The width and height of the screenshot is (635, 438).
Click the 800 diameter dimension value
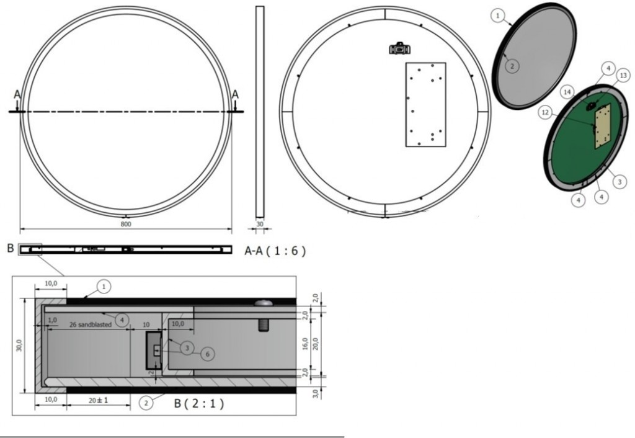tap(126, 224)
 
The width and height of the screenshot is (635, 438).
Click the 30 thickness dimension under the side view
tap(260, 224)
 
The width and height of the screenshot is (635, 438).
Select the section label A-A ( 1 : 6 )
tap(275, 251)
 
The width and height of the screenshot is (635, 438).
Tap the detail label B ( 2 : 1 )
tap(199, 403)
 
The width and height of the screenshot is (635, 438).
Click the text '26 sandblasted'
tap(91, 324)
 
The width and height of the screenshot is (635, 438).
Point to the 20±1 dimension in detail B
tap(99, 400)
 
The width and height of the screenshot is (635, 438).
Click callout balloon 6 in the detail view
tap(207, 354)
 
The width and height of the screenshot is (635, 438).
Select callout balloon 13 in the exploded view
tap(623, 75)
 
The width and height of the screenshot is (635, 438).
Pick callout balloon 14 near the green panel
tap(567, 92)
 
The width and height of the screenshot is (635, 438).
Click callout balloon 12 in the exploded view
tap(545, 112)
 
